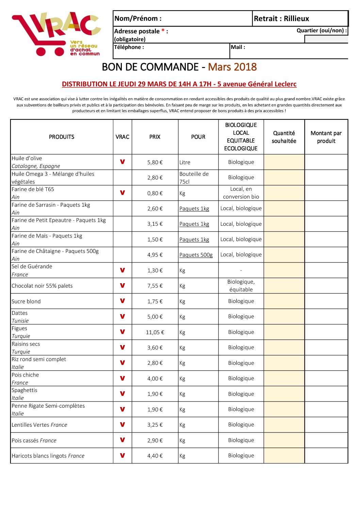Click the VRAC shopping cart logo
pos(56,34)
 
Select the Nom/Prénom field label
pos(138,19)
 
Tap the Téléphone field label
pos(129,47)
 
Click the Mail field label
pos(238,47)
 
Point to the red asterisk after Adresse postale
pos(163,31)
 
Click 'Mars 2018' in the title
pos(232,67)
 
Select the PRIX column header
pos(155,137)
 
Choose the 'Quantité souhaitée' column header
pos(284,137)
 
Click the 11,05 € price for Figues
pos(155,332)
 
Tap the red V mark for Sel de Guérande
pos(122,270)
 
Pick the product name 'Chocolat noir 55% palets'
pos(42,286)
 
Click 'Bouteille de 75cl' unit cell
pos(194,178)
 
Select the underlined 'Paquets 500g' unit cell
pos(196,255)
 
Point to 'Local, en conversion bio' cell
pos(241,193)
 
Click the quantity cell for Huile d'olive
pos(284,162)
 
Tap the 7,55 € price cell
pos(155,286)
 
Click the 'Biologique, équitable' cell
pos(241,286)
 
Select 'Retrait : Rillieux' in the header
pos(281,19)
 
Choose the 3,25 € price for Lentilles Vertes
pos(155,425)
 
